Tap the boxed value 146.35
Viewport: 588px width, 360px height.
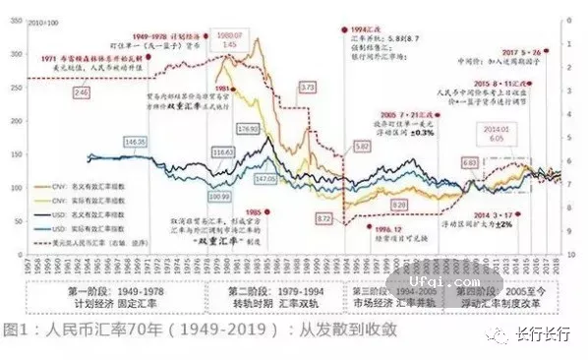[135, 143]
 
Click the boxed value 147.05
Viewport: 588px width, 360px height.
[265, 180]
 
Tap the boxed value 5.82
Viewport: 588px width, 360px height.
[362, 146]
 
